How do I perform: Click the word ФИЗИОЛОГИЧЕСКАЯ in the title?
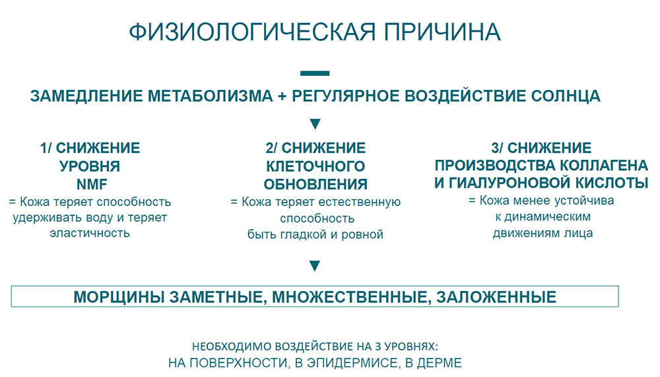click(251, 32)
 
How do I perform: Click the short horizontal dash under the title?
click(315, 73)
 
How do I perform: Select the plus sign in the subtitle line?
click(282, 96)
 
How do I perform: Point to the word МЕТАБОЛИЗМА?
click(210, 96)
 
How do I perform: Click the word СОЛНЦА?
click(566, 96)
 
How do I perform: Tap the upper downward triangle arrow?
click(315, 124)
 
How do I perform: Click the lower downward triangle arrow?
click(315, 266)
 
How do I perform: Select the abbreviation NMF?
click(92, 184)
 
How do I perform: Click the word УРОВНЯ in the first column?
click(90, 166)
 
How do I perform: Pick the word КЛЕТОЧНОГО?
click(315, 166)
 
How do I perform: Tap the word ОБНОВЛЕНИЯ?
click(315, 184)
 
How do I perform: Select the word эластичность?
click(90, 233)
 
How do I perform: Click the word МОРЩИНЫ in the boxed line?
click(119, 297)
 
